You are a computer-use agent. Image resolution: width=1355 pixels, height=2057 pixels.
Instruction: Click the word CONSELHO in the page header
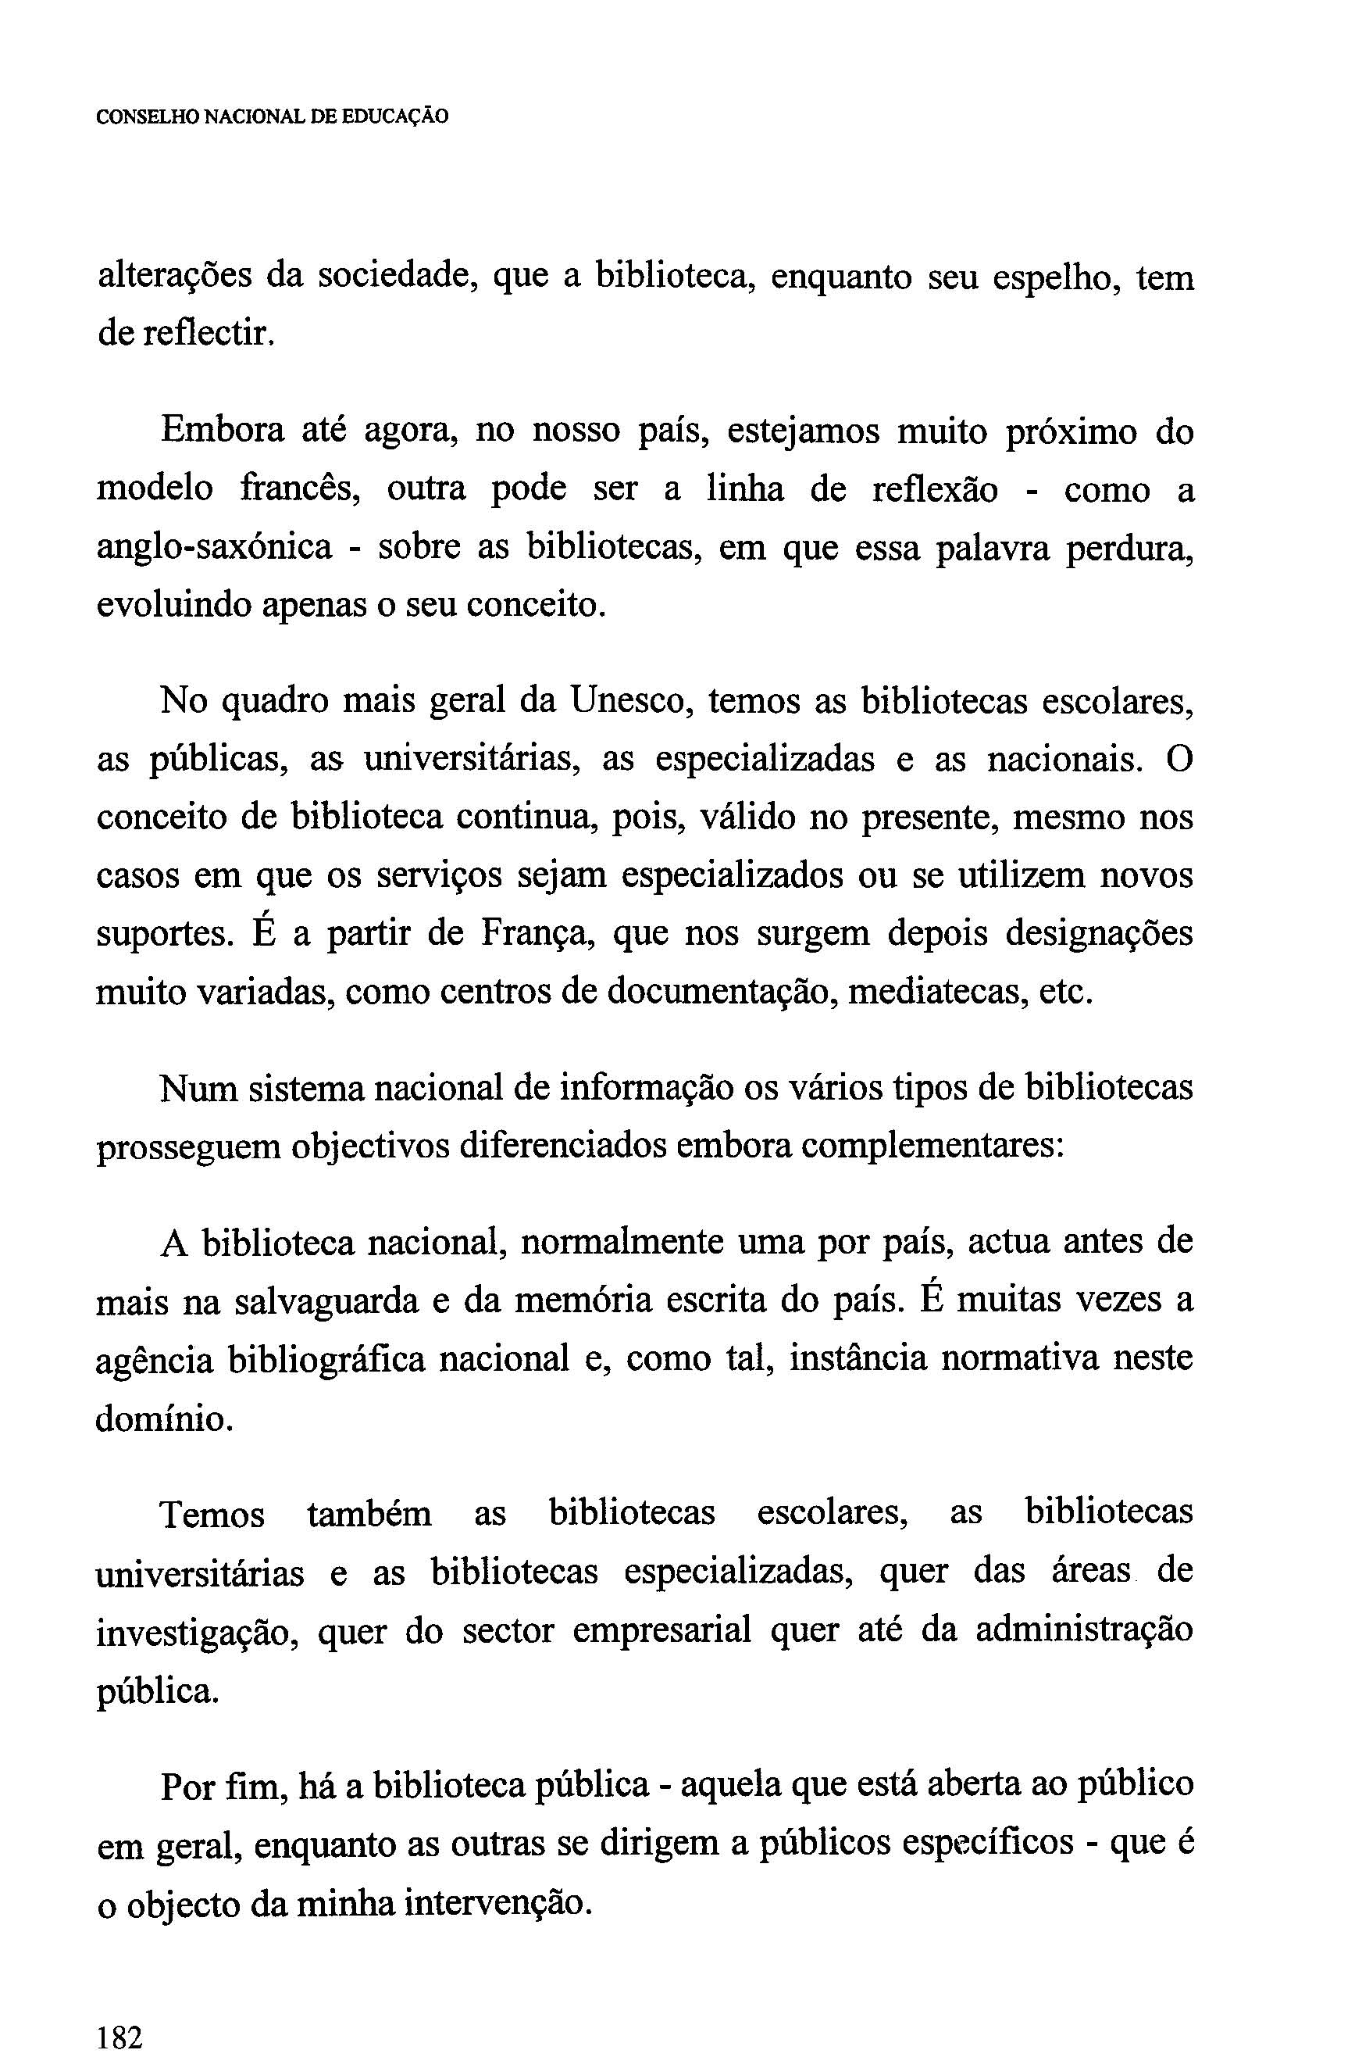[x=147, y=116]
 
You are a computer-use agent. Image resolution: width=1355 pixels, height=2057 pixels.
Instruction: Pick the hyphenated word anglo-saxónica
[x=214, y=548]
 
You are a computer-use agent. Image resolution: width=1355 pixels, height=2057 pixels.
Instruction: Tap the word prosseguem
[x=187, y=1147]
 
